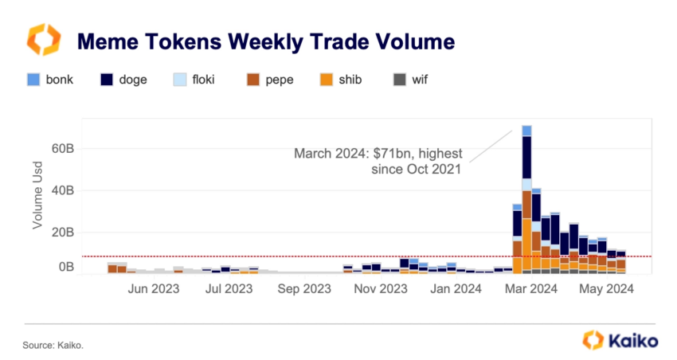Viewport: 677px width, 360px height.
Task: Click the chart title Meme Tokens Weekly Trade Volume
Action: click(264, 41)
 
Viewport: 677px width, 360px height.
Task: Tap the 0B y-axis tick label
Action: click(65, 268)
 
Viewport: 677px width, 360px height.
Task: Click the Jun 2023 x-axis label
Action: click(154, 290)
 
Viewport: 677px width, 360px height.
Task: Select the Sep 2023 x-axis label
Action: click(304, 290)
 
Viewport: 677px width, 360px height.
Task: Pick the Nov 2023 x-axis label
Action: click(380, 290)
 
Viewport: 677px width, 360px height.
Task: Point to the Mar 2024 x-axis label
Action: click(531, 290)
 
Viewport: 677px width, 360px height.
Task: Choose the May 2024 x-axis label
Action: click(606, 290)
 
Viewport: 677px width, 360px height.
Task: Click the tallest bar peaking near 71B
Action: click(526, 199)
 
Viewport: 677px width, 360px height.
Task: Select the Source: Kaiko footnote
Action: click(53, 345)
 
